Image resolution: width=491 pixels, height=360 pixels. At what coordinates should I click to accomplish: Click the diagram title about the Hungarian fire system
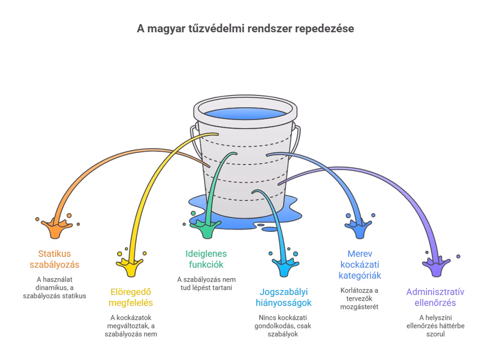[x=245, y=28]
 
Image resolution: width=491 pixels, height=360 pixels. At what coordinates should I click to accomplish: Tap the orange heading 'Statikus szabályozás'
[x=55, y=259]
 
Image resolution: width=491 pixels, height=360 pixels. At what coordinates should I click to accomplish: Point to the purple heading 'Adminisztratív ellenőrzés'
[x=435, y=297]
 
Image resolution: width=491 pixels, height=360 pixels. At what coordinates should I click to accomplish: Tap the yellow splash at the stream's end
[x=130, y=266]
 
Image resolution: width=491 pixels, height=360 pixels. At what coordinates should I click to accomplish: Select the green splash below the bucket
[x=208, y=229]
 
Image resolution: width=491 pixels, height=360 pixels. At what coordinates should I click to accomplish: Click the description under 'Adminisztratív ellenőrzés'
[x=435, y=326]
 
